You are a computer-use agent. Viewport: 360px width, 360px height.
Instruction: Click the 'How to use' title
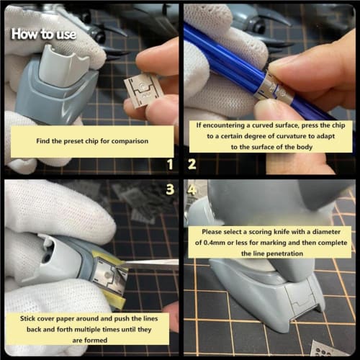(x=43, y=33)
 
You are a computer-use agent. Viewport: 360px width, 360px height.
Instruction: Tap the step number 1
(x=171, y=163)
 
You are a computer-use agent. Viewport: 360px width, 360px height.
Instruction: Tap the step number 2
(x=192, y=163)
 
